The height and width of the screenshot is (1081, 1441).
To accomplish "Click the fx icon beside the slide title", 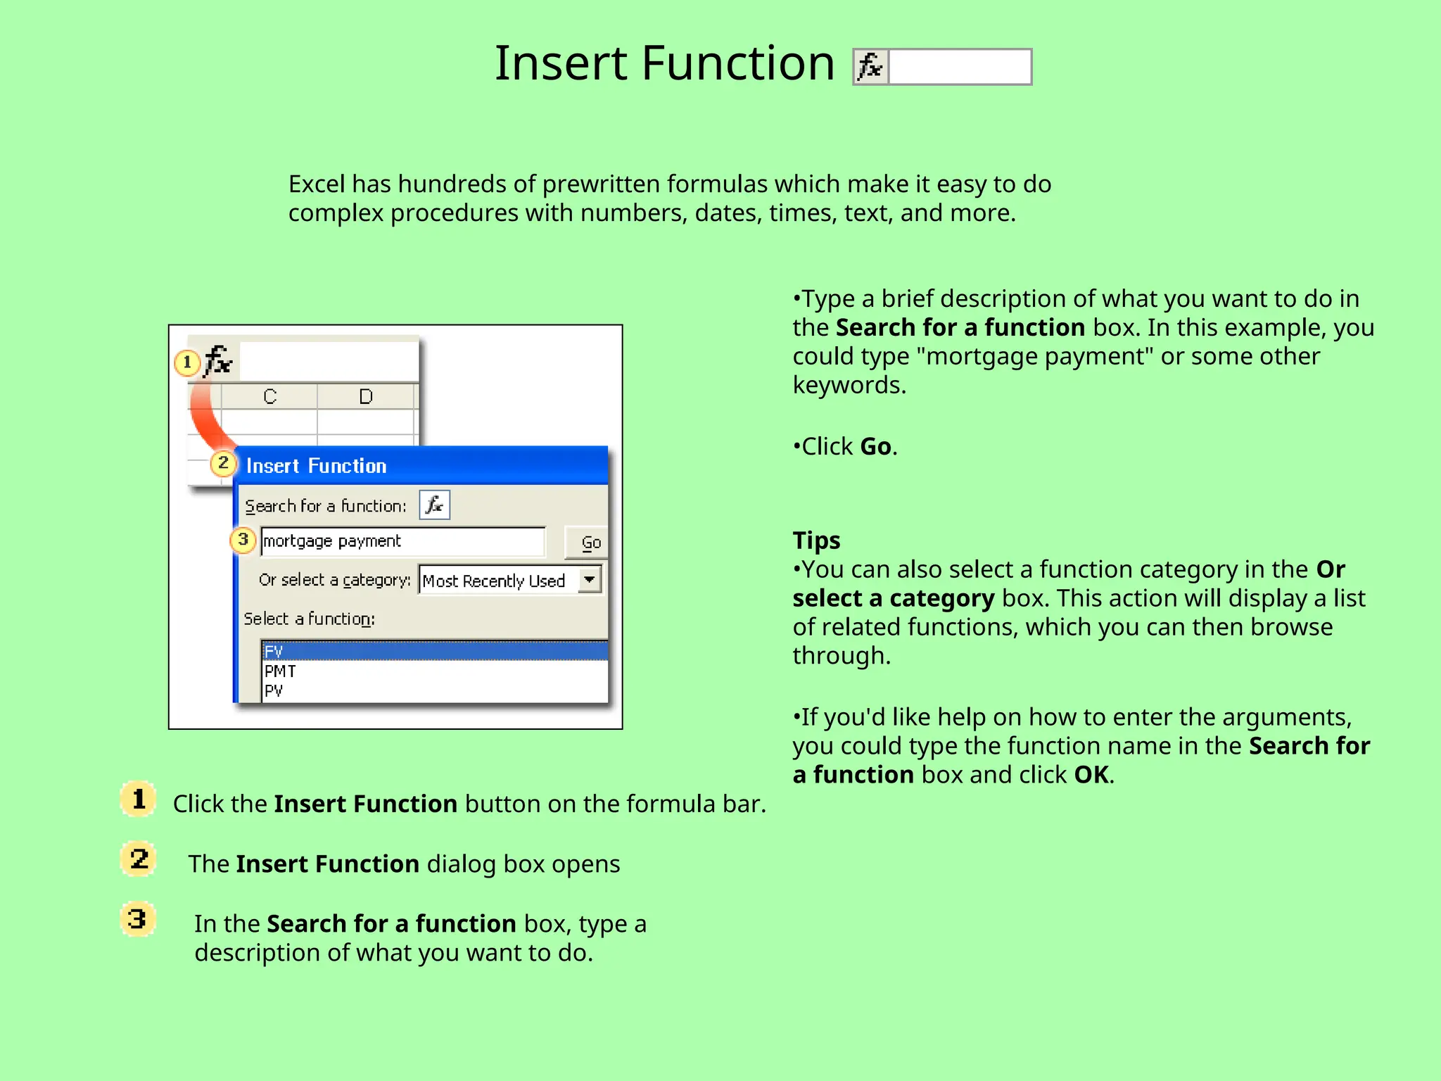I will [871, 67].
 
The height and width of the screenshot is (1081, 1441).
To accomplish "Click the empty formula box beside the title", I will [960, 67].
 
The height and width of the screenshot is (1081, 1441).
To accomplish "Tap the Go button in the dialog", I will [590, 543].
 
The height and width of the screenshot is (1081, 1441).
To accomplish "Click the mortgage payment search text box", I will [402, 541].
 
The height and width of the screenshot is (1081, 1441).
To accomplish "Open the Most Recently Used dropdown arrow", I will [590, 580].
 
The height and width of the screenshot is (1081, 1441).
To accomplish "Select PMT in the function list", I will [280, 671].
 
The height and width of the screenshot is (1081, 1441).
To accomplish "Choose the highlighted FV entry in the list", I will [274, 651].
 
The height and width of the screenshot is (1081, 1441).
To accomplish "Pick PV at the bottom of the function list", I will [274, 691].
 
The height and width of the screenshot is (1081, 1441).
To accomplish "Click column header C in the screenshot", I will [269, 396].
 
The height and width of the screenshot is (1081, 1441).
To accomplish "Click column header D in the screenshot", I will [366, 396].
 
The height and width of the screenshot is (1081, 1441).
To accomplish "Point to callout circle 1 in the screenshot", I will [186, 362].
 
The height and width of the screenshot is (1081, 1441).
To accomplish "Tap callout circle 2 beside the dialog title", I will [223, 463].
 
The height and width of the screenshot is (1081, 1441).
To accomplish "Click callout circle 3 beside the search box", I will [243, 540].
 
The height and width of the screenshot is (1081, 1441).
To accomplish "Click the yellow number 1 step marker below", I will [139, 799].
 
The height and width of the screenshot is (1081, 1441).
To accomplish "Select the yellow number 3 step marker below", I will [138, 918].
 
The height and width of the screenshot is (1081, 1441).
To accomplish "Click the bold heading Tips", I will [816, 540].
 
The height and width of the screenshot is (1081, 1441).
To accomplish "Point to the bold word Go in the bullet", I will [875, 447].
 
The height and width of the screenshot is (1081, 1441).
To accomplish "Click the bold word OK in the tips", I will [1091, 775].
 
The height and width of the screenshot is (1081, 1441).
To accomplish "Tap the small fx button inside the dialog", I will [434, 505].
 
